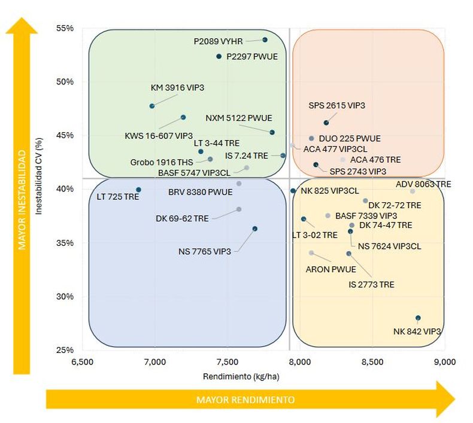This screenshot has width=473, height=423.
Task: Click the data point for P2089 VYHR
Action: (265, 40)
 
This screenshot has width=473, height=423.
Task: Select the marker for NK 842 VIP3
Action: (418, 318)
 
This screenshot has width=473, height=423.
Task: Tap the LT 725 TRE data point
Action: (138, 190)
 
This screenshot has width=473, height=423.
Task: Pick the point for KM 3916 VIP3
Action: (152, 106)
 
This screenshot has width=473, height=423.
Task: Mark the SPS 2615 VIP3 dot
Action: (326, 123)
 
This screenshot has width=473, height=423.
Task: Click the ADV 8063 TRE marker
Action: (413, 191)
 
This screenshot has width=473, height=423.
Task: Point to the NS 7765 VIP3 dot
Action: (255, 229)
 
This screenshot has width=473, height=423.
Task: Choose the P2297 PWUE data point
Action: (219, 56)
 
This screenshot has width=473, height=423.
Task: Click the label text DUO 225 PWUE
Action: (350, 139)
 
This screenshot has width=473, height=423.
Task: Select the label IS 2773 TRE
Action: (371, 285)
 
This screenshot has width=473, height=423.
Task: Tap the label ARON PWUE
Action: (331, 269)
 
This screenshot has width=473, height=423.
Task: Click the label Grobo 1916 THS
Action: (162, 162)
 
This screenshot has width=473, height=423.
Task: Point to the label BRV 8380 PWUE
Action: (201, 192)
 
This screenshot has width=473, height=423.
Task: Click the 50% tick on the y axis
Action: (65, 82)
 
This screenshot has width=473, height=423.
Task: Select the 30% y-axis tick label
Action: (65, 296)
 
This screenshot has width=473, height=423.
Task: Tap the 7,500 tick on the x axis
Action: (228, 362)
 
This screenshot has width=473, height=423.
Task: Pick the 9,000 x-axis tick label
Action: (445, 362)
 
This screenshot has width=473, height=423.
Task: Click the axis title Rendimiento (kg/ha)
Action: (241, 376)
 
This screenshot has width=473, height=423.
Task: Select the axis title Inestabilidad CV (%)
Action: (38, 176)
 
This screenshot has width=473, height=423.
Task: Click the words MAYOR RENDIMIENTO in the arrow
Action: (245, 400)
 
